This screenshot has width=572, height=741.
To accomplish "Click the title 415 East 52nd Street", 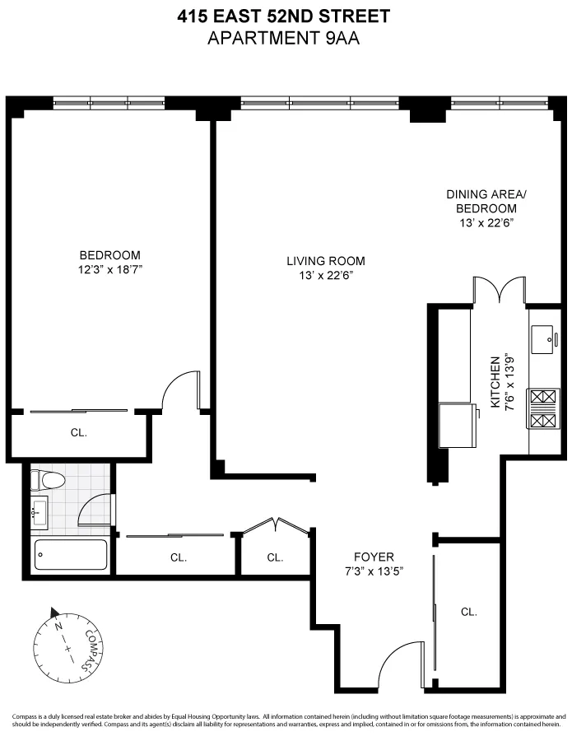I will tap(286, 16).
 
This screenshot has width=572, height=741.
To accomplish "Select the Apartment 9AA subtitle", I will tap(286, 36).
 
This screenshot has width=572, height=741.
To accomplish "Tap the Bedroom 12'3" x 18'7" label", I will tap(109, 262).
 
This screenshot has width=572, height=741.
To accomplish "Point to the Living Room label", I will tap(325, 268).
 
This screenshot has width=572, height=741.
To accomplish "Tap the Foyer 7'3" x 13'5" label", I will tap(374, 563).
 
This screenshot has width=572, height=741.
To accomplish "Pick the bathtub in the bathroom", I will tap(72, 555).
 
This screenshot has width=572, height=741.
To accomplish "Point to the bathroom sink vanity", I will tap(40, 514).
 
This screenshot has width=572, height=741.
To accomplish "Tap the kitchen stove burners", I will tap(544, 410).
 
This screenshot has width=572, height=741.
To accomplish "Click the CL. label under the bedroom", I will tap(78, 432).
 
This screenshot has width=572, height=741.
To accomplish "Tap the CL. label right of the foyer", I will tap(468, 612).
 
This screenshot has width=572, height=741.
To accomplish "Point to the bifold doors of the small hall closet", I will tap(276, 527).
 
